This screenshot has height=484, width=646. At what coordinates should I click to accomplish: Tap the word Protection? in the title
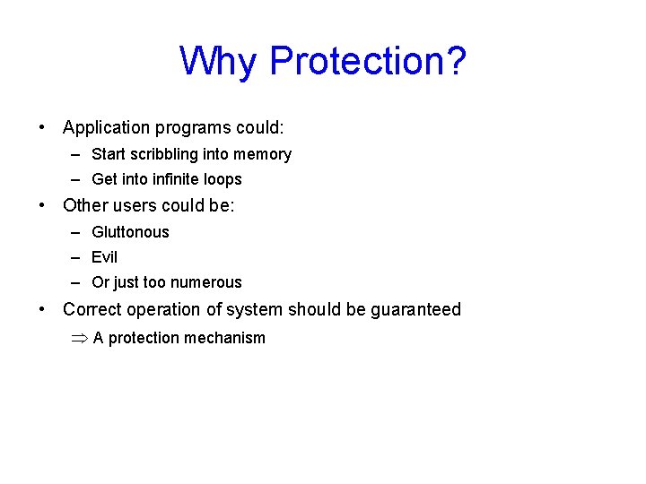(368, 61)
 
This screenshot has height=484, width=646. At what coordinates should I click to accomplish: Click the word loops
(223, 179)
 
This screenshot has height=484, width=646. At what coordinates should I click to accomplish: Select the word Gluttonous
(130, 232)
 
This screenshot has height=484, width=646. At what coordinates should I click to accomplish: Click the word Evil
(104, 257)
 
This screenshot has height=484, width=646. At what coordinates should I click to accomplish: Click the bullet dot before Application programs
(42, 128)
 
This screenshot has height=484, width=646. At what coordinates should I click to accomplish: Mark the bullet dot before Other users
(42, 205)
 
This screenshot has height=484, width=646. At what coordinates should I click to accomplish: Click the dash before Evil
(79, 257)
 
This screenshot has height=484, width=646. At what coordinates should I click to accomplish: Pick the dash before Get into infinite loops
(79, 179)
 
